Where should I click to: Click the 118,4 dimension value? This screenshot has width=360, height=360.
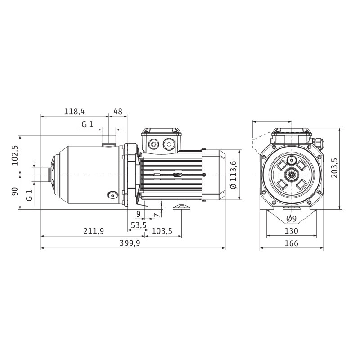(74, 112)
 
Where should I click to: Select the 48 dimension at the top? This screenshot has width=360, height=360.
(118, 112)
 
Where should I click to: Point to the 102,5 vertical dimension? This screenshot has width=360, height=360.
(15, 155)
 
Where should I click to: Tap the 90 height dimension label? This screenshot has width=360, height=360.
(15, 192)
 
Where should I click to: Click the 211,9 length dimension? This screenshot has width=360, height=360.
(94, 231)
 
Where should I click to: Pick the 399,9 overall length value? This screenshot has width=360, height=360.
(130, 243)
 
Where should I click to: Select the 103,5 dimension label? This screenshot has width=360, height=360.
(162, 231)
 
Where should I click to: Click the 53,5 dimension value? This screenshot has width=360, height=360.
(139, 225)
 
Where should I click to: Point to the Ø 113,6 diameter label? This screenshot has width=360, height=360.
(233, 175)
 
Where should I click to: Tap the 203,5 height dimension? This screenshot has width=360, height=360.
(334, 168)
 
